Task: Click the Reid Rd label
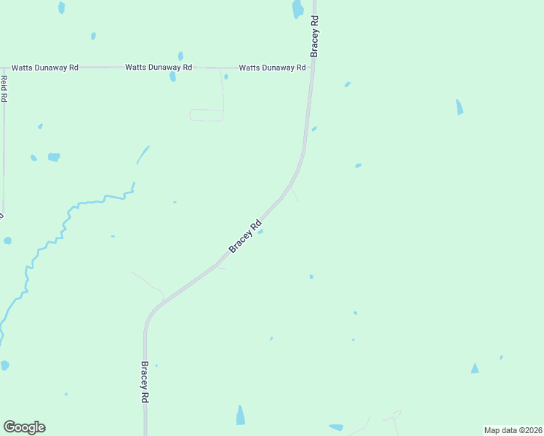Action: (4, 88)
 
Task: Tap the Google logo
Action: (24, 427)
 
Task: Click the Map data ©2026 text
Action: (513, 430)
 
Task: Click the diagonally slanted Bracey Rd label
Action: (245, 237)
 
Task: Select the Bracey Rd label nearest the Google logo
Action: (145, 382)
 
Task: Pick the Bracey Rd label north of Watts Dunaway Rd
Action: (315, 37)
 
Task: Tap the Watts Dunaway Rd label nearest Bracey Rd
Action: (272, 68)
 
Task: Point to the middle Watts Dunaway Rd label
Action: (159, 68)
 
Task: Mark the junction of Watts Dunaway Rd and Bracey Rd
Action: (312, 68)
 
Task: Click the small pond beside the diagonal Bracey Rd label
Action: (260, 232)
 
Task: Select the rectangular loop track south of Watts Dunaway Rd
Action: (207, 115)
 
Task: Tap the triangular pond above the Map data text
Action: (475, 368)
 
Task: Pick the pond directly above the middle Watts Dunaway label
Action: (180, 55)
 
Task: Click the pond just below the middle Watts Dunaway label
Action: (172, 76)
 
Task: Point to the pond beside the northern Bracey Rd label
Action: (297, 9)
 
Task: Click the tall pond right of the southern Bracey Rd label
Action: (241, 416)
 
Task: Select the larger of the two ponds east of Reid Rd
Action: (54, 157)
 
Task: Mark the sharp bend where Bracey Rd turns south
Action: (151, 313)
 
